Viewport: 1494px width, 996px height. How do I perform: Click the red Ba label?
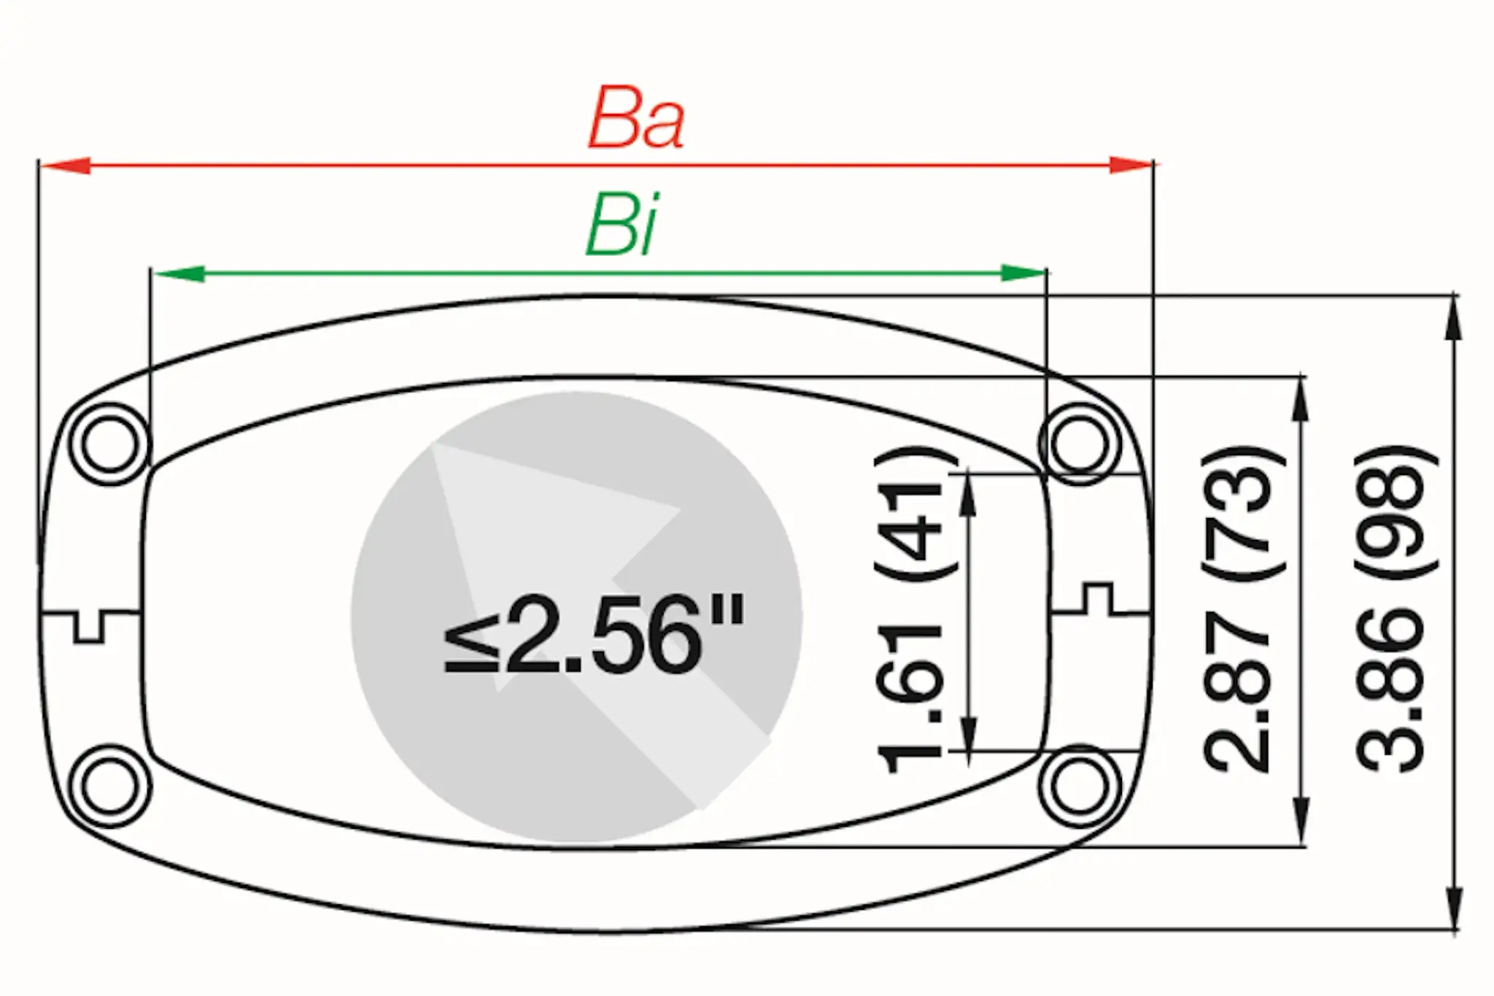[636, 118]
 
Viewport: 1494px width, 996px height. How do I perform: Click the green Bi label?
[622, 224]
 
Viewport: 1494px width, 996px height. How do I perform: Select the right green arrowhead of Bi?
[1021, 274]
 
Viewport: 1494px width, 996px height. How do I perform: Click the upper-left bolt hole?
[109, 444]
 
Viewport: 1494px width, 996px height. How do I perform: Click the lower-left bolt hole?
[109, 786]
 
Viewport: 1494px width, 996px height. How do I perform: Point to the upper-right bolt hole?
[1080, 444]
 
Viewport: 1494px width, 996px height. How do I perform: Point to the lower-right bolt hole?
[1080, 786]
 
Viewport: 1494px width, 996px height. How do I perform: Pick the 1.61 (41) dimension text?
[909, 609]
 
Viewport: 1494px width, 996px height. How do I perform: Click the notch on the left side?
[89, 626]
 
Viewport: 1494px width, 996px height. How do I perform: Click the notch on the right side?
[1098, 598]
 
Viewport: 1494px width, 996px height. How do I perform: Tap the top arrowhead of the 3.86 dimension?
[1453, 321]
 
